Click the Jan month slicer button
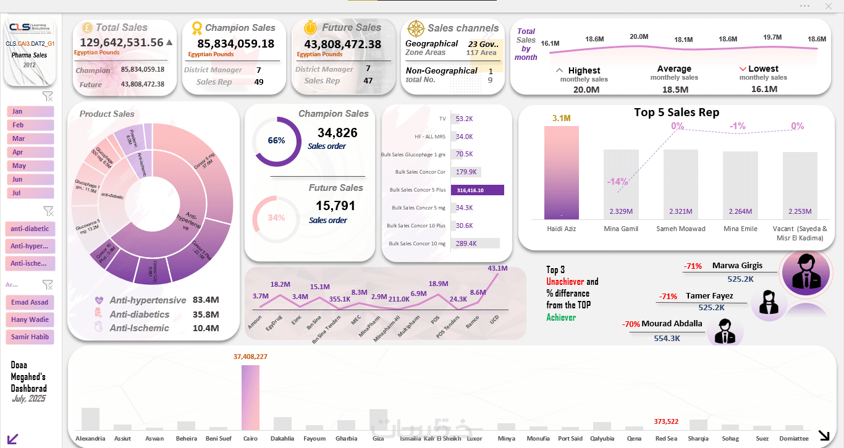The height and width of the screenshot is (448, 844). tap(30, 111)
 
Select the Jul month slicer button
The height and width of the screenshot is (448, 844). tap(30, 193)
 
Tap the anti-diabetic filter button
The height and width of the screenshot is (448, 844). tap(30, 229)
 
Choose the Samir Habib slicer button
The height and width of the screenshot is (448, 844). tap(30, 337)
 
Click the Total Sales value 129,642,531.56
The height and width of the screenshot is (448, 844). tap(122, 43)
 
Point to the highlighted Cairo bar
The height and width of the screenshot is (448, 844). tap(250, 397)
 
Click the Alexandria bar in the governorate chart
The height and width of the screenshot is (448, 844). tap(90, 418)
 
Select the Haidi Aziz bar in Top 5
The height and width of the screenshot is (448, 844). tap(562, 172)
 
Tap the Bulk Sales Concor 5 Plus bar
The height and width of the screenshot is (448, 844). tap(478, 190)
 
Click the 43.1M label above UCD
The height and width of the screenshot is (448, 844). tap(497, 268)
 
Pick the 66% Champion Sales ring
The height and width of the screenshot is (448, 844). tap(276, 141)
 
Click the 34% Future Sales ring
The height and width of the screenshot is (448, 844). tap(276, 218)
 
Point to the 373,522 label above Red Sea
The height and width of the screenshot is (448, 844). tap(666, 421)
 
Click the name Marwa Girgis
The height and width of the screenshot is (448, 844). tap(737, 266)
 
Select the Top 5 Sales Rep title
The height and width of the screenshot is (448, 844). tap(677, 112)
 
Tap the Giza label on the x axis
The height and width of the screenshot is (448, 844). tap(378, 439)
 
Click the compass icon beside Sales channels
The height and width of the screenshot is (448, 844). tap(416, 28)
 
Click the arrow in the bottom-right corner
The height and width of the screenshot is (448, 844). tap(824, 435)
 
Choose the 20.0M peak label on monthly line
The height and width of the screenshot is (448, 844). tap(639, 37)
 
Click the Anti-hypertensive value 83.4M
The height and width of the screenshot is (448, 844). tap(206, 300)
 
